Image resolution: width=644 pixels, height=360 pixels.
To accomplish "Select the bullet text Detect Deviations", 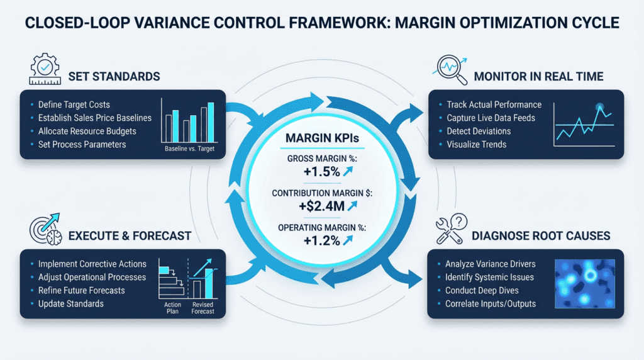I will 479,131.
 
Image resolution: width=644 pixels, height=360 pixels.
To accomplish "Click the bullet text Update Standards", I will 70,303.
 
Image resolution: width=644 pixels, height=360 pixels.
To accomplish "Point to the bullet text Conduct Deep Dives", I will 482,290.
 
